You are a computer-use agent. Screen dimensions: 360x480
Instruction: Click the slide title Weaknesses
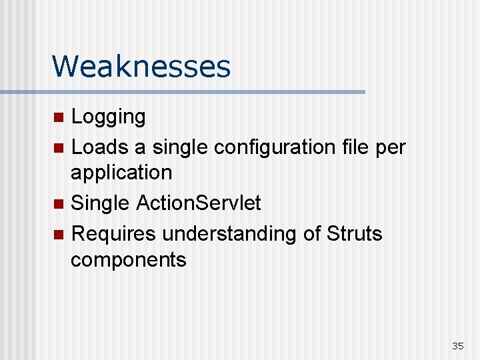[141, 67]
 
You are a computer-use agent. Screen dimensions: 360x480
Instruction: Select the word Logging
[108, 117]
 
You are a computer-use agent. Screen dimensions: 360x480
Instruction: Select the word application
[121, 173]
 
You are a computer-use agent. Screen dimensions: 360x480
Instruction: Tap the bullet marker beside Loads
[59, 147]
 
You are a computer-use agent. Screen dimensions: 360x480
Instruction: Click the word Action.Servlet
[198, 203]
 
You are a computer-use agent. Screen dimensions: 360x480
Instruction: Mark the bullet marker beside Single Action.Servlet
[59, 203]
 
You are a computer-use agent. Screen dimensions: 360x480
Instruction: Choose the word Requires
[113, 234]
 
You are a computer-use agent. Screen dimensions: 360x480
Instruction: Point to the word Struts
[355, 233]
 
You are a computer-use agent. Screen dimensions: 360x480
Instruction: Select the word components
[129, 260]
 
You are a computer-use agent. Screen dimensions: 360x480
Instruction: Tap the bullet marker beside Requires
[59, 235]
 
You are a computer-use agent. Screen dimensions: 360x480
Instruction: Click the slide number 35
[457, 346]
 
